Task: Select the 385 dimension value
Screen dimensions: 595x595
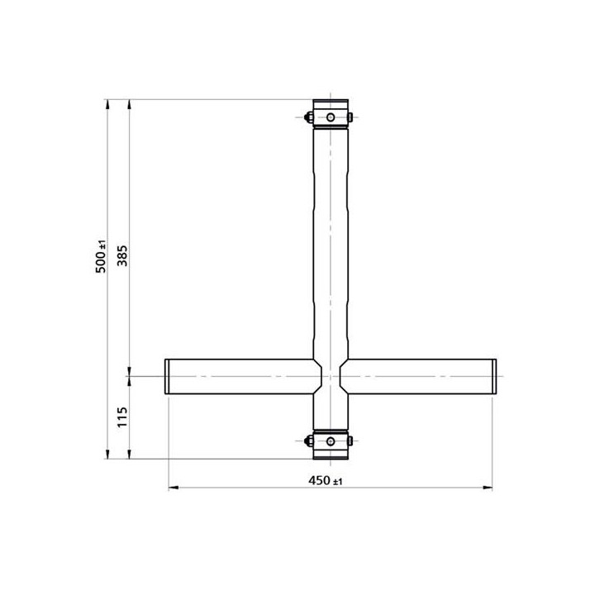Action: (122, 259)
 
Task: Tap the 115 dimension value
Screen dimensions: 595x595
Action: (122, 416)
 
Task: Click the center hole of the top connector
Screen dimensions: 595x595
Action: (330, 117)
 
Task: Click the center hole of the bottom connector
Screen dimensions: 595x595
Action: (330, 440)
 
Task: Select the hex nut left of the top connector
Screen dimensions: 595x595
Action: (308, 117)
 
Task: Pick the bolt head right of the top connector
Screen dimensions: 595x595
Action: (352, 117)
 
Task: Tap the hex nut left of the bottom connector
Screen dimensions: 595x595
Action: (308, 440)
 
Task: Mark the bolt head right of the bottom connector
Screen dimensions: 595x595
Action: (352, 440)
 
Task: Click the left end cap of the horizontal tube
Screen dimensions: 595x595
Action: (167, 376)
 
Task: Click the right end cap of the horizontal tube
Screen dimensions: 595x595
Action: (493, 376)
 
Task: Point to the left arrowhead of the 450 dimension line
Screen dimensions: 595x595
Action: (173, 488)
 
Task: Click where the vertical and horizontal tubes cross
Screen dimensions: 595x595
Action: (330, 376)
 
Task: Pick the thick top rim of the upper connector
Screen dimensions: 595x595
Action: (330, 102)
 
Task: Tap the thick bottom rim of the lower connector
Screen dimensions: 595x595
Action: (330, 457)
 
